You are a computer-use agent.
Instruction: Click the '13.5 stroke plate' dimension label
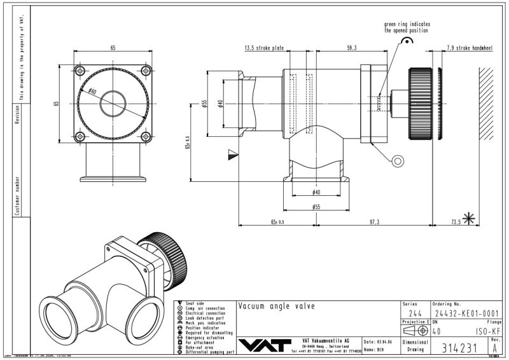(264, 48)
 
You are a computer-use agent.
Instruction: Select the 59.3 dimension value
(352, 48)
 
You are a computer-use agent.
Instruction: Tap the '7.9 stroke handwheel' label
(470, 48)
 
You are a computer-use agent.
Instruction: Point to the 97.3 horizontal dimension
(373, 221)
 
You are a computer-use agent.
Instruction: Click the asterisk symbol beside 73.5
(470, 219)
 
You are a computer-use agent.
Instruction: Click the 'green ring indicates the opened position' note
(406, 27)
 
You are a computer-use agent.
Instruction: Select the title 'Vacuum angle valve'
(276, 307)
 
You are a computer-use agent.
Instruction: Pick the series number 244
(415, 313)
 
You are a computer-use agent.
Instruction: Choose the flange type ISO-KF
(488, 331)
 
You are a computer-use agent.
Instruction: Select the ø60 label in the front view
(93, 92)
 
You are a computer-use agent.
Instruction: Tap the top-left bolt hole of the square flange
(80, 70)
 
